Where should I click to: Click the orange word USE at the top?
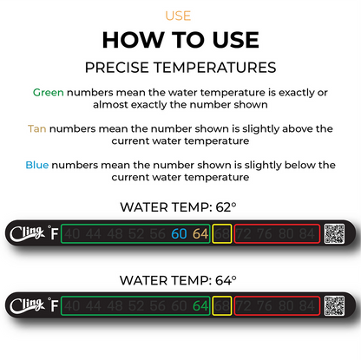[180, 16]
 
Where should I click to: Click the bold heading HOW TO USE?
[180, 40]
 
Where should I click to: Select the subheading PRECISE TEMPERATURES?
[180, 67]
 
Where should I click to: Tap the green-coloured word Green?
[48, 91]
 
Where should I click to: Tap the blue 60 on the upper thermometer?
[180, 233]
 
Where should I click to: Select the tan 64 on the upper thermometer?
[200, 233]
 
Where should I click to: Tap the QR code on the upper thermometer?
[334, 233]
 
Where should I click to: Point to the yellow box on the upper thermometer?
[222, 233]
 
